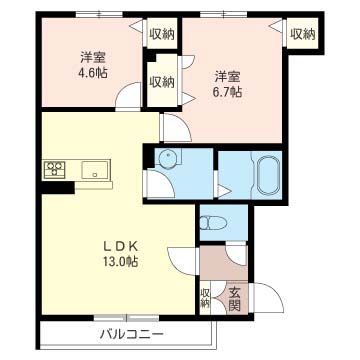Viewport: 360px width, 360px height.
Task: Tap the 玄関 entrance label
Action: [x=234, y=300]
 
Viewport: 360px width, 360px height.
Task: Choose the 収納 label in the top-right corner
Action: [x=302, y=34]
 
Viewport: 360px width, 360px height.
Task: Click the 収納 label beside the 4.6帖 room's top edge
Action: [x=162, y=34]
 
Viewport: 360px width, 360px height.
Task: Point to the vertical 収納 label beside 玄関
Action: [x=205, y=300]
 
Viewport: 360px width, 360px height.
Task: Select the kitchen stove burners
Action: [x=54, y=169]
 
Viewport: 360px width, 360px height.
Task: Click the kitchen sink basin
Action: [x=96, y=170]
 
